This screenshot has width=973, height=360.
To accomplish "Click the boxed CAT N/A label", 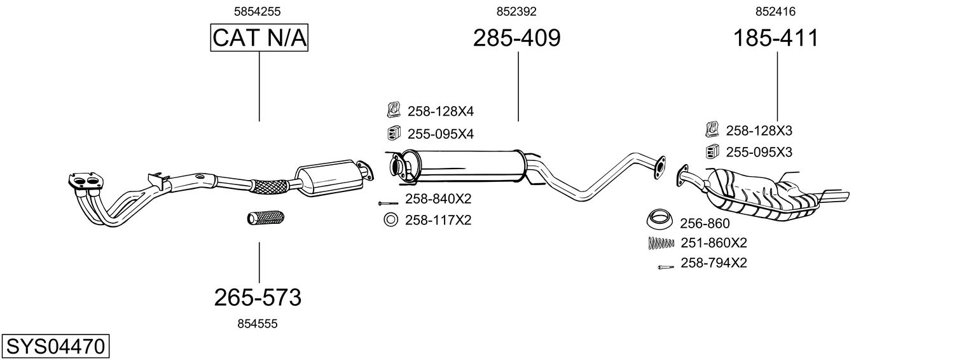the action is [259, 38].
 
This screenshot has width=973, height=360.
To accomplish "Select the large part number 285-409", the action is [516, 38].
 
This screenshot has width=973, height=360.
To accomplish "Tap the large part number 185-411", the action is [776, 38].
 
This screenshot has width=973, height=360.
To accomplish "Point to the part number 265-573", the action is [258, 297].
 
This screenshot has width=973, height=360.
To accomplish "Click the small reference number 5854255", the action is [258, 11].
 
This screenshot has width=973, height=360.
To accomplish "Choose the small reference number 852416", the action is [775, 11].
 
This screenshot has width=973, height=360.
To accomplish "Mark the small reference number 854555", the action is [258, 324].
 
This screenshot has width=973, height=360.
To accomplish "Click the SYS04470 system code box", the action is [55, 347].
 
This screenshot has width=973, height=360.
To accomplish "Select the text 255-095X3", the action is [759, 153].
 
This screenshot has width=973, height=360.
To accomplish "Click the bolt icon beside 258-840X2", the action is [387, 203].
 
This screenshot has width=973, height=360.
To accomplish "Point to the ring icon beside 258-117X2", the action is [390, 221].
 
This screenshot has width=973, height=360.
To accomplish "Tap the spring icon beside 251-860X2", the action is [660, 242].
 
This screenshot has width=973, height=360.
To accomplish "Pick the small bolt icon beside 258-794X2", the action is [665, 267].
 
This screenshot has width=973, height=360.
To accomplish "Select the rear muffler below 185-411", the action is [763, 194].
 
